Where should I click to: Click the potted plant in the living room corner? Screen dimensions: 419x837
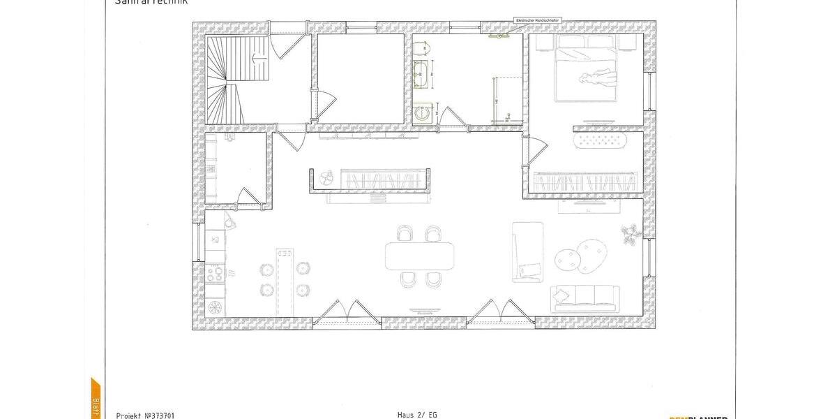[x=630, y=234]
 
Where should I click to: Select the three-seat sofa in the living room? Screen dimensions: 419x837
[x=585, y=297]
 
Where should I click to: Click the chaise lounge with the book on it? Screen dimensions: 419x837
[x=527, y=252]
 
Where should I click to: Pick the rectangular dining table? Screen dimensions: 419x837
[x=419, y=256]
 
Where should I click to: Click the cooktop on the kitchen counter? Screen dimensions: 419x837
[x=215, y=273]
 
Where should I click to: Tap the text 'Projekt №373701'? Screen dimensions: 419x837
[x=146, y=415]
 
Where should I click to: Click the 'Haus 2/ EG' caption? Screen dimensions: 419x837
[x=417, y=415]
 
